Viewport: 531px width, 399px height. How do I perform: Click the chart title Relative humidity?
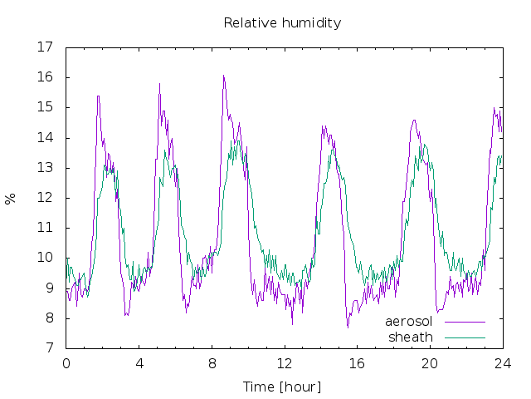pyautogui.click(x=282, y=23)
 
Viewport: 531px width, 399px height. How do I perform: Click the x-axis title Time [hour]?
pyautogui.click(x=282, y=387)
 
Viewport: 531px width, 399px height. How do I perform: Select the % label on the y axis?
pyautogui.click(x=10, y=199)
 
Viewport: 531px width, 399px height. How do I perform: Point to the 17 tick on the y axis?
pyautogui.click(x=45, y=47)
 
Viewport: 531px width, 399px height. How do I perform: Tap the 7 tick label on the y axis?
pyautogui.click(x=50, y=347)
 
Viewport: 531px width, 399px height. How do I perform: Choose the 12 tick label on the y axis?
pyautogui.click(x=45, y=198)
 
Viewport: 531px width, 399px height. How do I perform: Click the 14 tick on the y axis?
pyautogui.click(x=45, y=137)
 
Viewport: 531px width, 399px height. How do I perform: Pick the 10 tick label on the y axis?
pyautogui.click(x=45, y=258)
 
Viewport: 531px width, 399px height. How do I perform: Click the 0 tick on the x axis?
pyautogui.click(x=66, y=364)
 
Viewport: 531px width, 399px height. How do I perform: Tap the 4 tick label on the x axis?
pyautogui.click(x=139, y=364)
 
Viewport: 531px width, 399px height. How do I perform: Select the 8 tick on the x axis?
pyautogui.click(x=212, y=364)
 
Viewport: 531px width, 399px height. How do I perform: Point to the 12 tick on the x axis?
pyautogui.click(x=285, y=364)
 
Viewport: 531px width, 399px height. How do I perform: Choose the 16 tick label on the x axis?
pyautogui.click(x=358, y=364)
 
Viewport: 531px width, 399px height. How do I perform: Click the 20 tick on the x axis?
pyautogui.click(x=430, y=364)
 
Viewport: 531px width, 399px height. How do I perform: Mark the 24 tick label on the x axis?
pyautogui.click(x=503, y=364)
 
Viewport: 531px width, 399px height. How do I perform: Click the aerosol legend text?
pyautogui.click(x=409, y=322)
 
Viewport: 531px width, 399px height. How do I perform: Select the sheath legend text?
pyautogui.click(x=411, y=337)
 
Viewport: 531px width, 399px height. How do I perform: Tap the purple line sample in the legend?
pyautogui.click(x=465, y=322)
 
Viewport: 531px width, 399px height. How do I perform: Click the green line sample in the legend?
pyautogui.click(x=465, y=338)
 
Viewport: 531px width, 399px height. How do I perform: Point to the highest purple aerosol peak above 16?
pyautogui.click(x=223, y=76)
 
